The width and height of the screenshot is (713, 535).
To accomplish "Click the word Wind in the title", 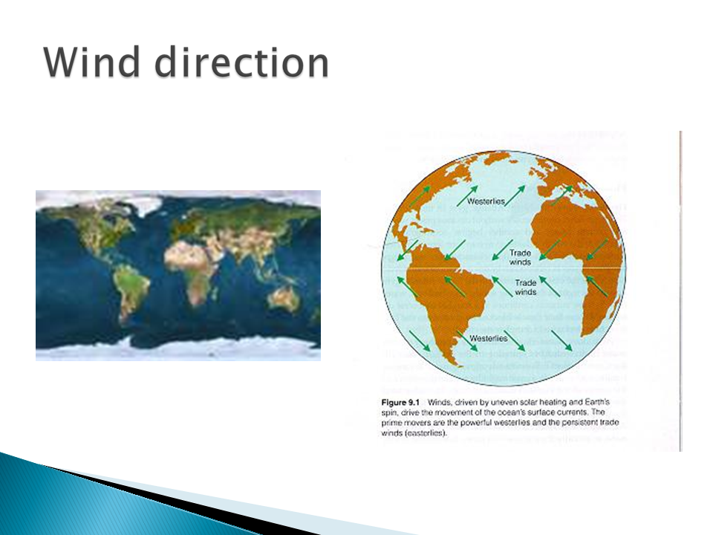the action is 91,62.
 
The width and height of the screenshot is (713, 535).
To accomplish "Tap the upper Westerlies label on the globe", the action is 486,201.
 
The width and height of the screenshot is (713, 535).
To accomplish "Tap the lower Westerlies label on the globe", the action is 488,339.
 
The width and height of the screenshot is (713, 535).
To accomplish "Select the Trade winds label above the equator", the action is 520,258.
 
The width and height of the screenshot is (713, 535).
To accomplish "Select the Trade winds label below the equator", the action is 526,288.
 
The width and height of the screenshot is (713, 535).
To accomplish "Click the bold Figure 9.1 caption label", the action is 400,403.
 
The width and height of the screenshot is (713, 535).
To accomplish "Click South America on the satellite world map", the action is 132,287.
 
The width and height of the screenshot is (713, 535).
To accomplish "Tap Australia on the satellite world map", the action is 284,299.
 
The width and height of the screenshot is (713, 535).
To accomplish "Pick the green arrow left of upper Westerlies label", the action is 467,196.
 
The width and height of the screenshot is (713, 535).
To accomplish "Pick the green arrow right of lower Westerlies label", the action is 514,340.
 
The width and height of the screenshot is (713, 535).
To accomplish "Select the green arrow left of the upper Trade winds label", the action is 503,250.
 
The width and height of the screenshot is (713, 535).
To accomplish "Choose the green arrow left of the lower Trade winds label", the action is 503,287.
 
